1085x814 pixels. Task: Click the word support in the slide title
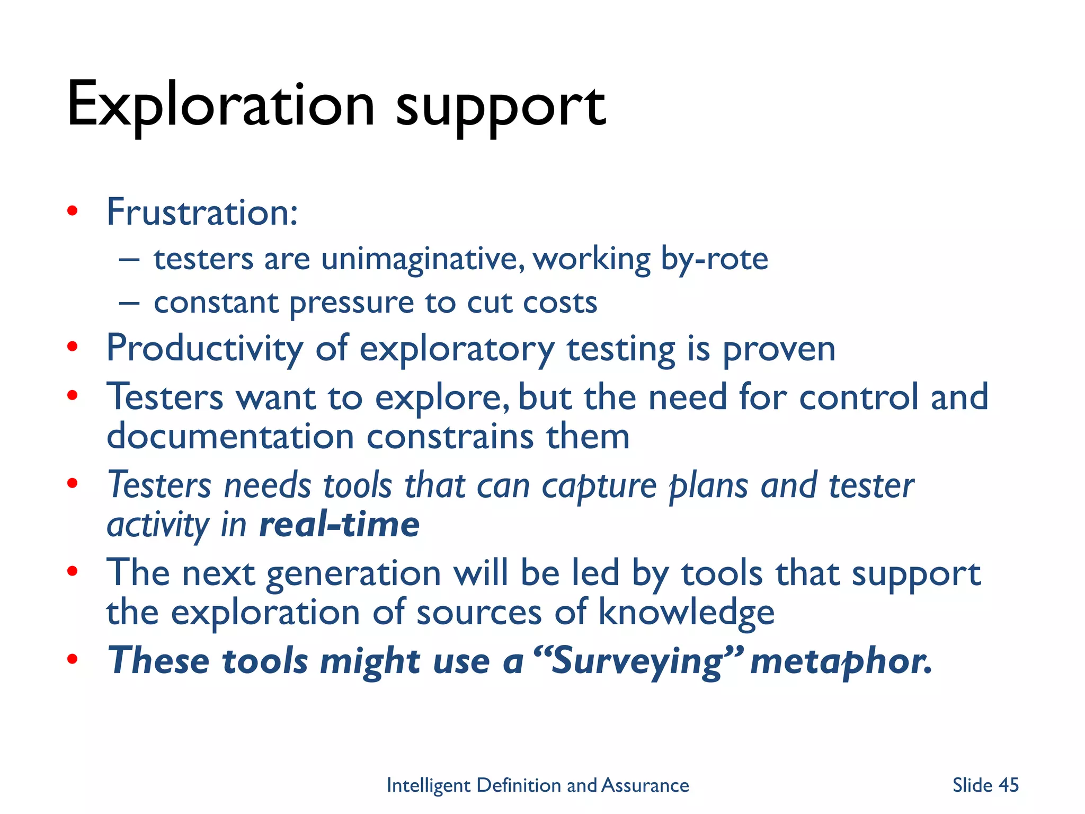[500, 109]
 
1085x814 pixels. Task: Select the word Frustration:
[202, 213]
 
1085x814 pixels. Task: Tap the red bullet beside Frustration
[73, 211]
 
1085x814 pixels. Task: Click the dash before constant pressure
[129, 303]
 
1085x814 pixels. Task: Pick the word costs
[560, 303]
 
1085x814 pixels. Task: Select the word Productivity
[204, 350]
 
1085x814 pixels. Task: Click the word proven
[778, 350]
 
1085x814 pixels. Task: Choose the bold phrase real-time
[339, 525]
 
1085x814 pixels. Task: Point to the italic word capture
[599, 486]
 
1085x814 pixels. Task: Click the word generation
[353, 574]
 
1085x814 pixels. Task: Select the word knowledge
[686, 613]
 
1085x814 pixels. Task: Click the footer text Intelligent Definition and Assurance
[537, 785]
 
